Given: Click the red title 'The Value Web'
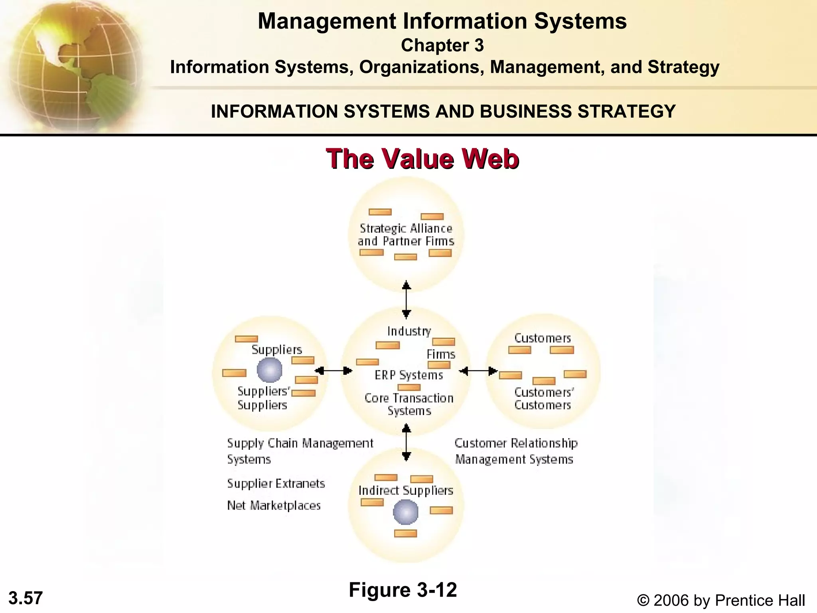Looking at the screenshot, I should (x=422, y=159).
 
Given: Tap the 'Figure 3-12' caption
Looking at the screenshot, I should (x=403, y=590).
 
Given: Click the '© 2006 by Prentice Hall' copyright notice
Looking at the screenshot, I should (x=721, y=600).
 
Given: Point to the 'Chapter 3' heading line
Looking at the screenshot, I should (x=442, y=45).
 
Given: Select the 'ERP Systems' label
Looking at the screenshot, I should (x=409, y=375).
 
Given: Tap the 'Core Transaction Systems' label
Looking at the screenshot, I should (x=409, y=404).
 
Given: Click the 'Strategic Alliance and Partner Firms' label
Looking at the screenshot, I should (x=406, y=235).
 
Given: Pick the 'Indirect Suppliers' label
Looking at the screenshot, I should (x=406, y=490).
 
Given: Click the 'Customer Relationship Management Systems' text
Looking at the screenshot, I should (x=515, y=451).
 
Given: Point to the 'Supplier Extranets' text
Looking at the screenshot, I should (x=276, y=484).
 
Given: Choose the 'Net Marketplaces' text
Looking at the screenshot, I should (x=274, y=506).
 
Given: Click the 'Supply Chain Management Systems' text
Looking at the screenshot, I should (x=300, y=451).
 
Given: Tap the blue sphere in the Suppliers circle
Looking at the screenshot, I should (x=270, y=370).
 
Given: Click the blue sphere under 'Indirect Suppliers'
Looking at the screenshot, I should (x=406, y=512).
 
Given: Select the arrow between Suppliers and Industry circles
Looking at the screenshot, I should (x=334, y=371).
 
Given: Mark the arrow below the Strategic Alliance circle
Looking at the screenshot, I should (x=406, y=299).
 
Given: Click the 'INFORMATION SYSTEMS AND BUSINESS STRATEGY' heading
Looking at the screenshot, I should (x=443, y=111).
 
